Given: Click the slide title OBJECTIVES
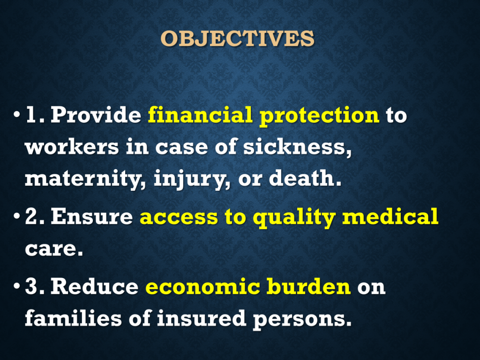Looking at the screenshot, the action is (x=238, y=38).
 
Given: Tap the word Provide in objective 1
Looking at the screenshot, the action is (x=96, y=115).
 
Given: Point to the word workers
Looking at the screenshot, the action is (x=72, y=147).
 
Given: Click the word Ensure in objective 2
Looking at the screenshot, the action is (x=92, y=217).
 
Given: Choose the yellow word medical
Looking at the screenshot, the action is (x=390, y=217).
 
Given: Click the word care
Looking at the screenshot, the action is (x=54, y=249).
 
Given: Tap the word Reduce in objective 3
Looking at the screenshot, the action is (x=95, y=286).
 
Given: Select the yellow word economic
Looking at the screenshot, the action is (x=202, y=287).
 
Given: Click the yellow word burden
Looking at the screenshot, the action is (x=308, y=286).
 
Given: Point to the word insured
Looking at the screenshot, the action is (x=202, y=318).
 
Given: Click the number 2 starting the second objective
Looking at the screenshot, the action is (x=31, y=217).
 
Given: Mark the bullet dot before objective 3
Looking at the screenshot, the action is (x=16, y=287).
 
